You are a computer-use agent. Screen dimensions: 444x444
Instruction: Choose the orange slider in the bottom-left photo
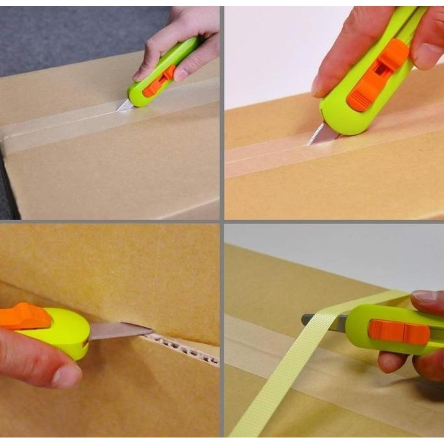[x=25, y=316]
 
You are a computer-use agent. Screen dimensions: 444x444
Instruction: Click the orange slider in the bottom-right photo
[x=398, y=332]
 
